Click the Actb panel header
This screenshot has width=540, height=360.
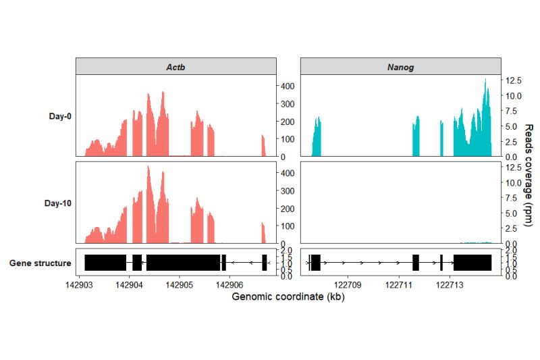click(x=176, y=67)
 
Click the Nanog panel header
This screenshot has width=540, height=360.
click(x=400, y=67)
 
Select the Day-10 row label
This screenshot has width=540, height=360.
click(x=58, y=203)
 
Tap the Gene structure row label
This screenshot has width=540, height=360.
click(x=40, y=263)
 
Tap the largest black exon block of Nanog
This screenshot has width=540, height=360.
click(x=473, y=263)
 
